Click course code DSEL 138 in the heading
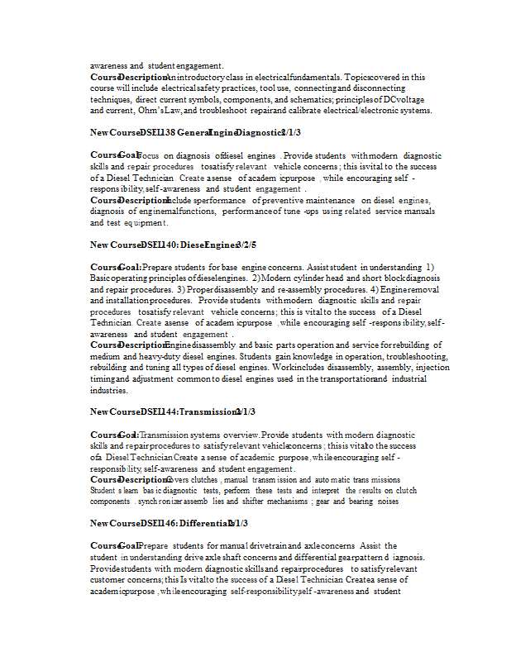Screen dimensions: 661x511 coord(157,132)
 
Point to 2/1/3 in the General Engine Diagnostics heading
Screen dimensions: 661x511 coord(290,132)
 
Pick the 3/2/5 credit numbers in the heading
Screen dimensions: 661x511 coord(246,245)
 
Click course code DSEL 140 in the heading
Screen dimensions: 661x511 coord(157,245)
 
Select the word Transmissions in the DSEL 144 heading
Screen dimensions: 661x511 coord(207,411)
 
